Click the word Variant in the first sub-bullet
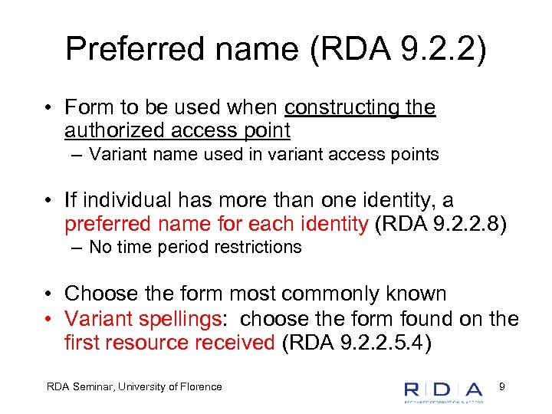point(113,155)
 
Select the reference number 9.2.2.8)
point(470,224)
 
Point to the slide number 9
point(501,386)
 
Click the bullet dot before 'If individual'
point(48,202)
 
